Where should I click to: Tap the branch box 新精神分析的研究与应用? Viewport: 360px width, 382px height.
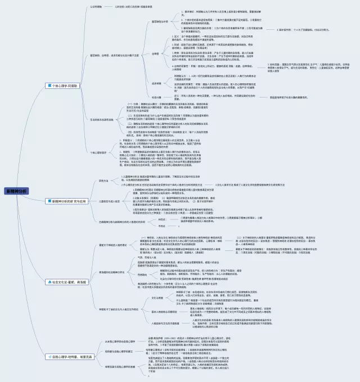[68, 201]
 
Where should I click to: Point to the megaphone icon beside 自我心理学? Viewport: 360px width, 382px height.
[47, 356]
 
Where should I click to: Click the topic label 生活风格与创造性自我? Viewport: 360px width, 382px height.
[102, 119]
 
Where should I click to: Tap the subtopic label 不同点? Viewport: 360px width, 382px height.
[162, 226]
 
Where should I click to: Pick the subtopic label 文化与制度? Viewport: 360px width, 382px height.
[143, 298]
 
